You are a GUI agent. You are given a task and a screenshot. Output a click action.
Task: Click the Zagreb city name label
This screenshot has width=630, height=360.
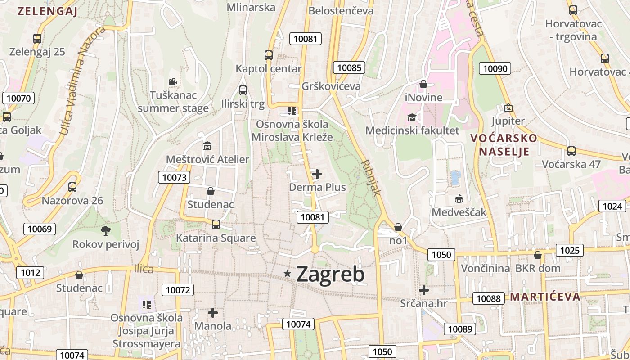tap(330, 274)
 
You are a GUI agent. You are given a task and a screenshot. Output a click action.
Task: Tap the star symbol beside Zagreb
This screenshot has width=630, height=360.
tap(288, 273)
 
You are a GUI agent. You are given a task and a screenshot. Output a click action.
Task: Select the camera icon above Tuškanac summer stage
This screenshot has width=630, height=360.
tap(173, 81)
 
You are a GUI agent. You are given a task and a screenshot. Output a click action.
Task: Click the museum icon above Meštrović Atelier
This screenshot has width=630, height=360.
tap(207, 146)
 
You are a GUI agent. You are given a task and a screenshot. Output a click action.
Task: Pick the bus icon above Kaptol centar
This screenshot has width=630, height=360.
tap(269, 55)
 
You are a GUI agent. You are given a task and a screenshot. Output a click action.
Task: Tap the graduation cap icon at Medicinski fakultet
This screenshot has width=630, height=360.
tap(412, 118)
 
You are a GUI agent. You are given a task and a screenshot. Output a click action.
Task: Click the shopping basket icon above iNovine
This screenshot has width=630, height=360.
tap(423, 84)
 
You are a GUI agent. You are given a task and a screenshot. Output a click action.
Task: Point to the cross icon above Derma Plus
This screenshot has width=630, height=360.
tap(317, 174)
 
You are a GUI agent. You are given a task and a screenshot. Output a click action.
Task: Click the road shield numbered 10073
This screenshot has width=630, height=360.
tap(174, 177)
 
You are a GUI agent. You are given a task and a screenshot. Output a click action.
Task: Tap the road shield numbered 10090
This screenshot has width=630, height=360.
tap(495, 69)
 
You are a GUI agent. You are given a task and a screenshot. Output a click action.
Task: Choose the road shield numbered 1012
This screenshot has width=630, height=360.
tap(31, 272)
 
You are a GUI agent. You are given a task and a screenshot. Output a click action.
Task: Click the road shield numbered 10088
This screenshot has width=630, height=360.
tap(488, 298)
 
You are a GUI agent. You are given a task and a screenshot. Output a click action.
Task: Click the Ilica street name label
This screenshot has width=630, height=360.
tap(144, 269)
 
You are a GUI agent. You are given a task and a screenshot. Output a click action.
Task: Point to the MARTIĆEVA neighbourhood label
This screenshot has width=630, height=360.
tap(545, 297)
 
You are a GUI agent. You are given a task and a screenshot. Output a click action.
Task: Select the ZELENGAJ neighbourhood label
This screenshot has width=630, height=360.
tap(47, 11)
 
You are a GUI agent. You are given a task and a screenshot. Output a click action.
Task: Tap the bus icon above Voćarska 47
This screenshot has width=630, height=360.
tap(571, 151)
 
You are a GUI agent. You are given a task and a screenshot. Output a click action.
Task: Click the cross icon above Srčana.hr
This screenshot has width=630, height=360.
tap(423, 290)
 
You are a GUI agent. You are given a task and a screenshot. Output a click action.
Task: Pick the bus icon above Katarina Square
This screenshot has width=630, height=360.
tap(216, 224)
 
